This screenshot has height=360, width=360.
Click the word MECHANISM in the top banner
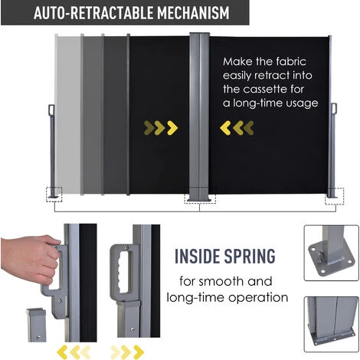(193, 13)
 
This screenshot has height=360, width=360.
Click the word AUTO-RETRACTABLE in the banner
(93, 13)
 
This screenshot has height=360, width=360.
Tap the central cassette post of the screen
(199, 117)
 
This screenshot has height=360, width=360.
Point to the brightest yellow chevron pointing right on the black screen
(172, 128)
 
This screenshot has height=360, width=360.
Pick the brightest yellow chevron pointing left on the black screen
(225, 128)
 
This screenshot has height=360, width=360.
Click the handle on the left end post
(51, 110)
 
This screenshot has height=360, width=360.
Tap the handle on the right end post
(334, 108)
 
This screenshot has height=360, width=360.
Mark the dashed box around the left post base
(54, 195)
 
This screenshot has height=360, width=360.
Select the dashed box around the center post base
(200, 195)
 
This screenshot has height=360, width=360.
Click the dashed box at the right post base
(334, 196)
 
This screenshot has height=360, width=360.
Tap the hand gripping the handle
(29, 258)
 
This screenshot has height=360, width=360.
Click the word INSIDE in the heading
(197, 256)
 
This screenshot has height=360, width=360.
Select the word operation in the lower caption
(258, 298)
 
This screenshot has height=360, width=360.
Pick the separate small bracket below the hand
(37, 325)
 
